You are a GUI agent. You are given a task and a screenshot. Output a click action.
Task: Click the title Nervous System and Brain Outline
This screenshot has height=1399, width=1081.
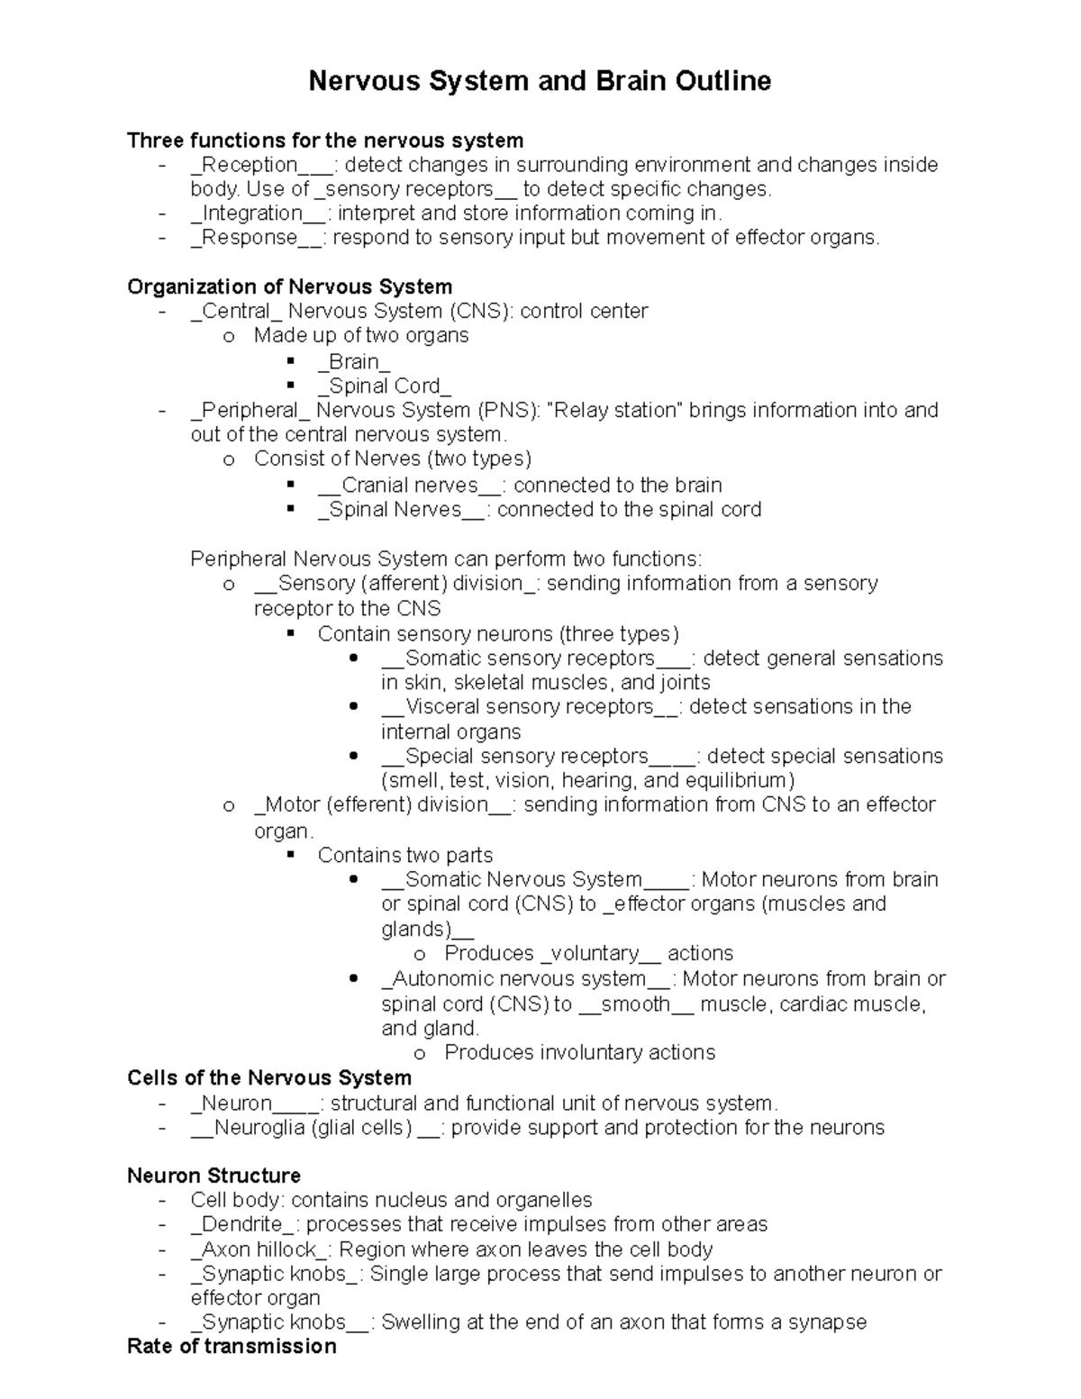pyautogui.click(x=540, y=81)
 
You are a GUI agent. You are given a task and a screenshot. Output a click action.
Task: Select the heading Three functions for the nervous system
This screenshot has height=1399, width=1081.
pyautogui.click(x=325, y=141)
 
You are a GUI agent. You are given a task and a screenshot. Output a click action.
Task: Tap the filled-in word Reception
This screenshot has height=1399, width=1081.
pyautogui.click(x=250, y=165)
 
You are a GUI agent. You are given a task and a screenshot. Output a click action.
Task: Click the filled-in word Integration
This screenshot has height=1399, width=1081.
pyautogui.click(x=252, y=213)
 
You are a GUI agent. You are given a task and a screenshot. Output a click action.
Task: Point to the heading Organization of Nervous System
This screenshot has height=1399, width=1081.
pyautogui.click(x=289, y=286)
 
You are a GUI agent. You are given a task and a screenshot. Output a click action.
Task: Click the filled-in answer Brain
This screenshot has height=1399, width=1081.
pyautogui.click(x=354, y=362)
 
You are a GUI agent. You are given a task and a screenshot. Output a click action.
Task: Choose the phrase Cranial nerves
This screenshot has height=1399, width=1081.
pyautogui.click(x=410, y=486)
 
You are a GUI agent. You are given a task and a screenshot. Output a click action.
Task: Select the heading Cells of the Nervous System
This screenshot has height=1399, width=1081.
pyautogui.click(x=269, y=1078)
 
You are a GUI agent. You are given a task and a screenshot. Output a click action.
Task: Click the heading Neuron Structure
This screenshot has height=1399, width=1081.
pyautogui.click(x=213, y=1176)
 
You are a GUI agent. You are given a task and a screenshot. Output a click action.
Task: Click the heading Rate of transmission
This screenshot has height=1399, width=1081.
pyautogui.click(x=232, y=1347)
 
